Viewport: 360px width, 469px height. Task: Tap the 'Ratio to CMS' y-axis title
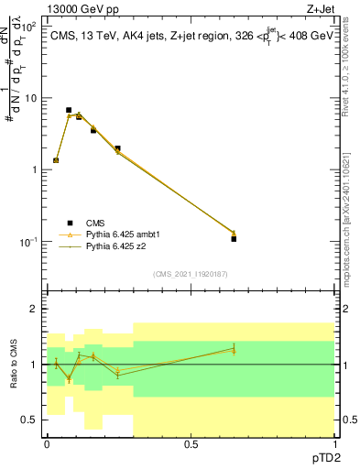coord(14,365)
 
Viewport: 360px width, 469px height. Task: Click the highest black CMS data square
coord(69,110)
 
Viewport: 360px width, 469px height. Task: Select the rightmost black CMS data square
coord(234,239)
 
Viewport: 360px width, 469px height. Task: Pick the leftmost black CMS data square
coord(56,160)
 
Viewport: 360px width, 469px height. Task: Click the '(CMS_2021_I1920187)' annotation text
coord(190,273)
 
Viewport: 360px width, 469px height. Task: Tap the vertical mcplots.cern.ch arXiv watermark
coord(351,183)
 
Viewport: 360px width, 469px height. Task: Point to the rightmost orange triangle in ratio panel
coord(234,351)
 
